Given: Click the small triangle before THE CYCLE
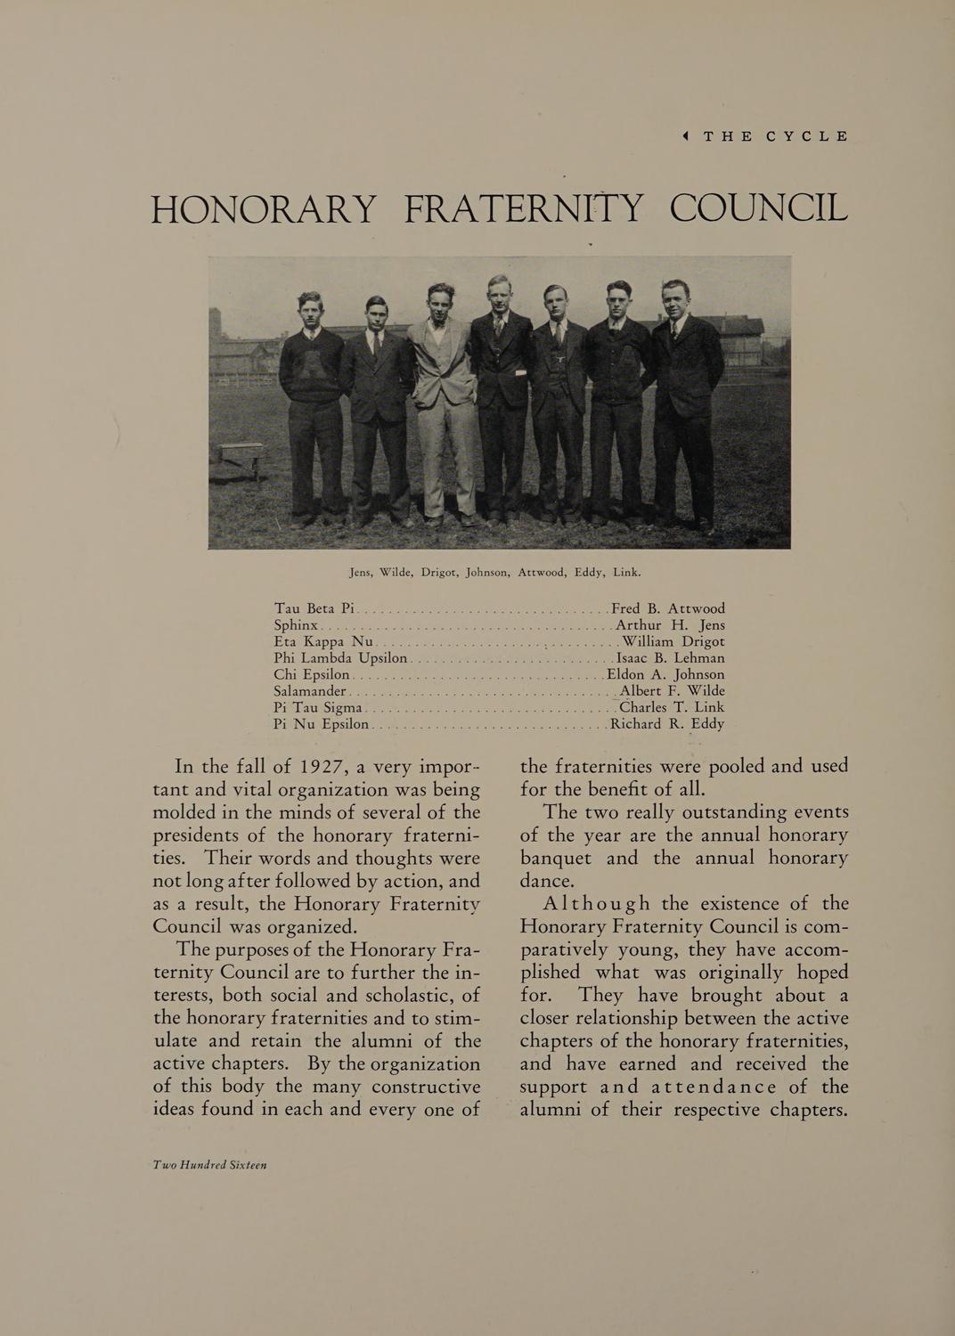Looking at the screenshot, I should click(686, 136).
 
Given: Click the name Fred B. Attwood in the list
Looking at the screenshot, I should click(668, 609).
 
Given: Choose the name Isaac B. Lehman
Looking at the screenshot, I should click(671, 658).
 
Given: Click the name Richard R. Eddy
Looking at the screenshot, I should click(667, 724).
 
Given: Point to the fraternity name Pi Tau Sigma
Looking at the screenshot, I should click(316, 707).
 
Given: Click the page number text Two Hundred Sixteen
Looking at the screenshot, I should click(210, 1165).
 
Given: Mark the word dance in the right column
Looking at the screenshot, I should click(548, 881).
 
